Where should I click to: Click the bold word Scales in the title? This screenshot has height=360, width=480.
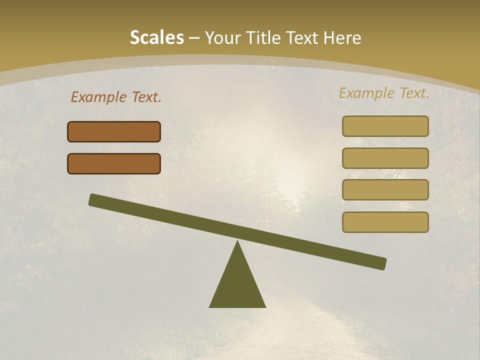[x=156, y=37]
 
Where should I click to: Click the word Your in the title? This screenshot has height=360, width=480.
[x=223, y=37]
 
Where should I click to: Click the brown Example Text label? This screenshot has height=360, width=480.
[x=116, y=97]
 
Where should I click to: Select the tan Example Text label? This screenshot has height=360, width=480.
[x=384, y=93]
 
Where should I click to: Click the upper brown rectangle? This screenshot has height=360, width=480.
[x=114, y=132]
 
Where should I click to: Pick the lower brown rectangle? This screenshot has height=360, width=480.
[x=114, y=163]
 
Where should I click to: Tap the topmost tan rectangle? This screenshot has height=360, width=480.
[x=385, y=126]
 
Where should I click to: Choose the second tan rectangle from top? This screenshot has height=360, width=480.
[x=385, y=158]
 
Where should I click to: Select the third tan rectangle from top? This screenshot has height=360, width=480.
[x=385, y=190]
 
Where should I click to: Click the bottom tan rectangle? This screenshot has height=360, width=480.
[x=385, y=222]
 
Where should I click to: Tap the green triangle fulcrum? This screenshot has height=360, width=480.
[x=237, y=285]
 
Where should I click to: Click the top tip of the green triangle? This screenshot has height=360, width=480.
[x=237, y=242]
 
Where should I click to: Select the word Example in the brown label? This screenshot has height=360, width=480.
[x=98, y=97]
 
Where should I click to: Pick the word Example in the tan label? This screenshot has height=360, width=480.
[x=366, y=93]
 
